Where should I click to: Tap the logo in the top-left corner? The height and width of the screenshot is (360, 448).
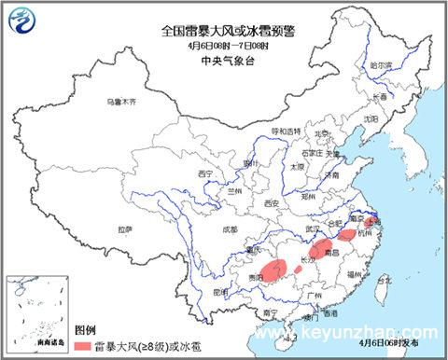[20, 18]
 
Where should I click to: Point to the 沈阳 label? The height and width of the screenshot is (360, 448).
[371, 118]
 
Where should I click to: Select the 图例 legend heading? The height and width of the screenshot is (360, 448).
[85, 330]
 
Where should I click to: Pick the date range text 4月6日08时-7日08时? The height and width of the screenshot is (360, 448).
[220, 45]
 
